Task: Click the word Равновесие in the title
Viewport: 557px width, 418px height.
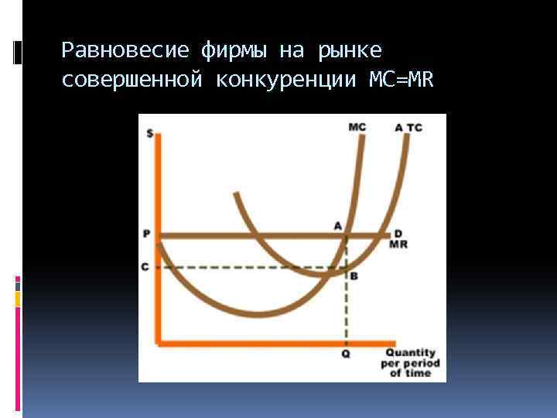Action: (125, 51)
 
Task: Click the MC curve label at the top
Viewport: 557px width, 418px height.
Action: (357, 127)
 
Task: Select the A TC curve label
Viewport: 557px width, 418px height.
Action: (408, 127)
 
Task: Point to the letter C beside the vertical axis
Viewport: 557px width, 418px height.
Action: (145, 267)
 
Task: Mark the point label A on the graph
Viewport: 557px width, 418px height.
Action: (337, 225)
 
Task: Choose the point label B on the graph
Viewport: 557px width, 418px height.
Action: (354, 276)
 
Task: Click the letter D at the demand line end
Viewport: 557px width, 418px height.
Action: (398, 233)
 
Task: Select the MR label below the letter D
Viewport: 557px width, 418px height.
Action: (398, 245)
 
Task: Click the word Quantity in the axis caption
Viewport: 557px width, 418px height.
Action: (410, 353)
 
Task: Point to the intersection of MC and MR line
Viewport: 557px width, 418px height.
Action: (347, 235)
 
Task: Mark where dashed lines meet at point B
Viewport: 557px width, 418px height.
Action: (346, 268)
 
